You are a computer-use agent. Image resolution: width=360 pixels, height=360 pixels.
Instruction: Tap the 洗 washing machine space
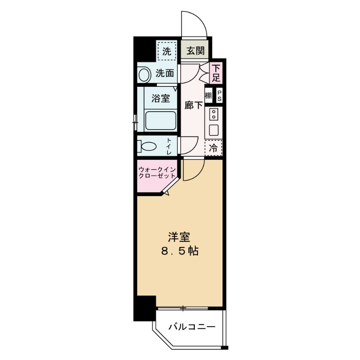166,51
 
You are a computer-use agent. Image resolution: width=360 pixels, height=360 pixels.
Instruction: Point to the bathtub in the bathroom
161,120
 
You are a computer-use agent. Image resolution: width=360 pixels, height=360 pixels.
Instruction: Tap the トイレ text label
169,147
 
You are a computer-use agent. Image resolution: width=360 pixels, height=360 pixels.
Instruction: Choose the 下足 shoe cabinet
216,72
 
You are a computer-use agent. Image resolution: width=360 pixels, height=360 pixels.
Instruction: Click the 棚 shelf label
208,95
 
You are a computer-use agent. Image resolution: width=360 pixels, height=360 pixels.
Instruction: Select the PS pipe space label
219,95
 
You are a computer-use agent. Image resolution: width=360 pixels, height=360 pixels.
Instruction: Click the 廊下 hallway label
193,105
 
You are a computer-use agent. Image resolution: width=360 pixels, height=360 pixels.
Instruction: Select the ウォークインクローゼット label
157,172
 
